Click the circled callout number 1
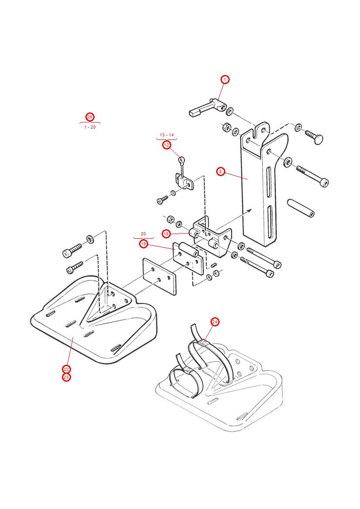pos(224,79)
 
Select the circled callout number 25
pos(89,117)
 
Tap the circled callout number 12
pos(166,145)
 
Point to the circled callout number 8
pos(221,171)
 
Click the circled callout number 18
pos(166,234)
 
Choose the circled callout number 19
pos(143,244)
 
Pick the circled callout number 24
pos(215,322)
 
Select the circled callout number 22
pos(66,370)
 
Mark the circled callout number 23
pos(66,377)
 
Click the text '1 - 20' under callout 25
pos(90,127)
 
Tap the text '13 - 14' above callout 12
pos(166,135)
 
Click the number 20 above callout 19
pos(143,234)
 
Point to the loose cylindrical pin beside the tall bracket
pos(301,208)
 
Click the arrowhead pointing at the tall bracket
pos(250,210)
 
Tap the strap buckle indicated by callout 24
pos(203,343)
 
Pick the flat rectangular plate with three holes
pos(159,277)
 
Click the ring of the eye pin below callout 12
pos(180,159)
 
